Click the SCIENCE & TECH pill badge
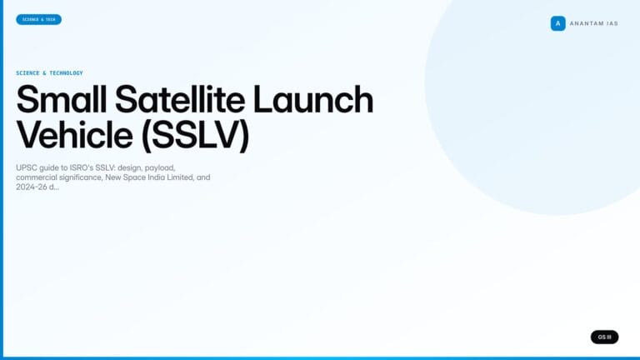coord(38,19)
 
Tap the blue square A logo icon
coord(557,23)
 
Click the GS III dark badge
coord(604,337)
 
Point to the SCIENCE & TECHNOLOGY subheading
coord(49,73)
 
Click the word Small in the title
coord(60,100)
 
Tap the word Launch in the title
coord(312,100)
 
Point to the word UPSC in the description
coord(27,167)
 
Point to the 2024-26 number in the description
coord(31,187)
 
